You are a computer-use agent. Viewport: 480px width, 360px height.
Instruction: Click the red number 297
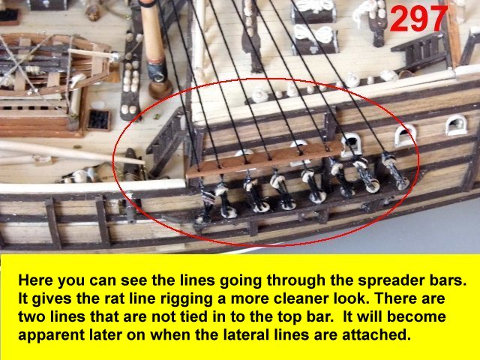pos(418,18)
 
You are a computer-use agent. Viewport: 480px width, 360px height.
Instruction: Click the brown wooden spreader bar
pos(264,160)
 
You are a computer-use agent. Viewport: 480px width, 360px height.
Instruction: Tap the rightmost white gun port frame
pos(457,124)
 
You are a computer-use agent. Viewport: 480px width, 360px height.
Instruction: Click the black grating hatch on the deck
pos(98,120)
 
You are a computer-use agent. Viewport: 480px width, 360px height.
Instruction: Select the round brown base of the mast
pos(160,88)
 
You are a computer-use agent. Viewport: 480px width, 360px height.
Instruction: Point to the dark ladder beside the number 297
pos(419,49)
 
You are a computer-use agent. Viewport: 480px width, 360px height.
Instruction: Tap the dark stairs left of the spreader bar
pos(166,142)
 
